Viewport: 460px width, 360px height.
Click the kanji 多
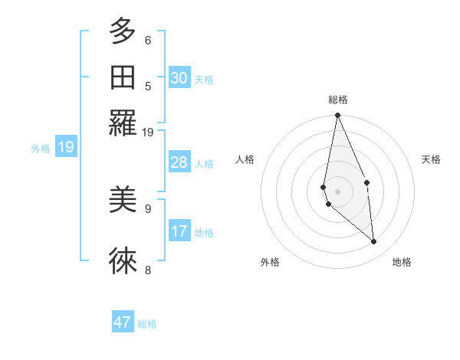click(123, 33)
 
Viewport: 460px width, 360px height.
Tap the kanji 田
click(123, 77)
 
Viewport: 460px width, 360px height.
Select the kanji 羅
click(123, 122)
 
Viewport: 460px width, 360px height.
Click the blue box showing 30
click(179, 78)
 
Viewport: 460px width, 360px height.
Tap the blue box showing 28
click(179, 162)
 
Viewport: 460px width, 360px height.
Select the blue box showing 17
click(179, 231)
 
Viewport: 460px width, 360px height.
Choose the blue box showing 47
click(123, 322)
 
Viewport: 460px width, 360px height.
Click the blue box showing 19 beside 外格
click(66, 147)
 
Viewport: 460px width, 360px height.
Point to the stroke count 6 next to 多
click(148, 41)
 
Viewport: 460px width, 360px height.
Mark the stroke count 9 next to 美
click(148, 208)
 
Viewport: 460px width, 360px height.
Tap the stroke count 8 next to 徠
click(148, 270)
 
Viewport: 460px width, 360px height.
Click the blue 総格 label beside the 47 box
click(148, 324)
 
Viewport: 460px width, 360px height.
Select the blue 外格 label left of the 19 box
click(41, 149)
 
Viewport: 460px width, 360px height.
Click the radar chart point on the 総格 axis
click(337, 116)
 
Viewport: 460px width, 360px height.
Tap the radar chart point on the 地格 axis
click(373, 242)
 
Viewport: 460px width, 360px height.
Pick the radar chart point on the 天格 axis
click(367, 182)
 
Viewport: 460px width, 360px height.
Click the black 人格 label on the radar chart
click(245, 159)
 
